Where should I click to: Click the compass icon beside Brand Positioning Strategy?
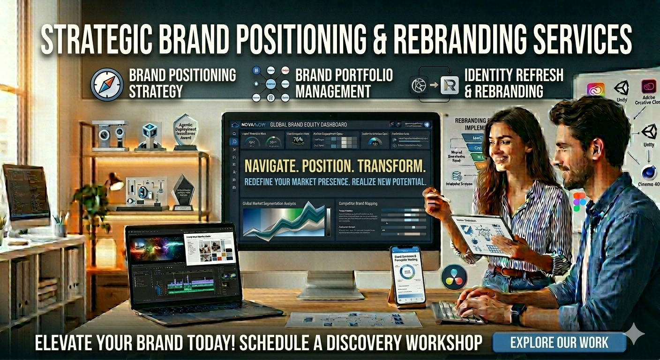coord(106,84)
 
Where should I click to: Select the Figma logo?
coord(579,201)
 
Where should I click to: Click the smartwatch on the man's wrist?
coord(517,313)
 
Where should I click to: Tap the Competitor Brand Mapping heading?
coord(358,204)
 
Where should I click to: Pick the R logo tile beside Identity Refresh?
coord(449,86)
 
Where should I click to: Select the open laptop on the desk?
coord(187,272)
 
